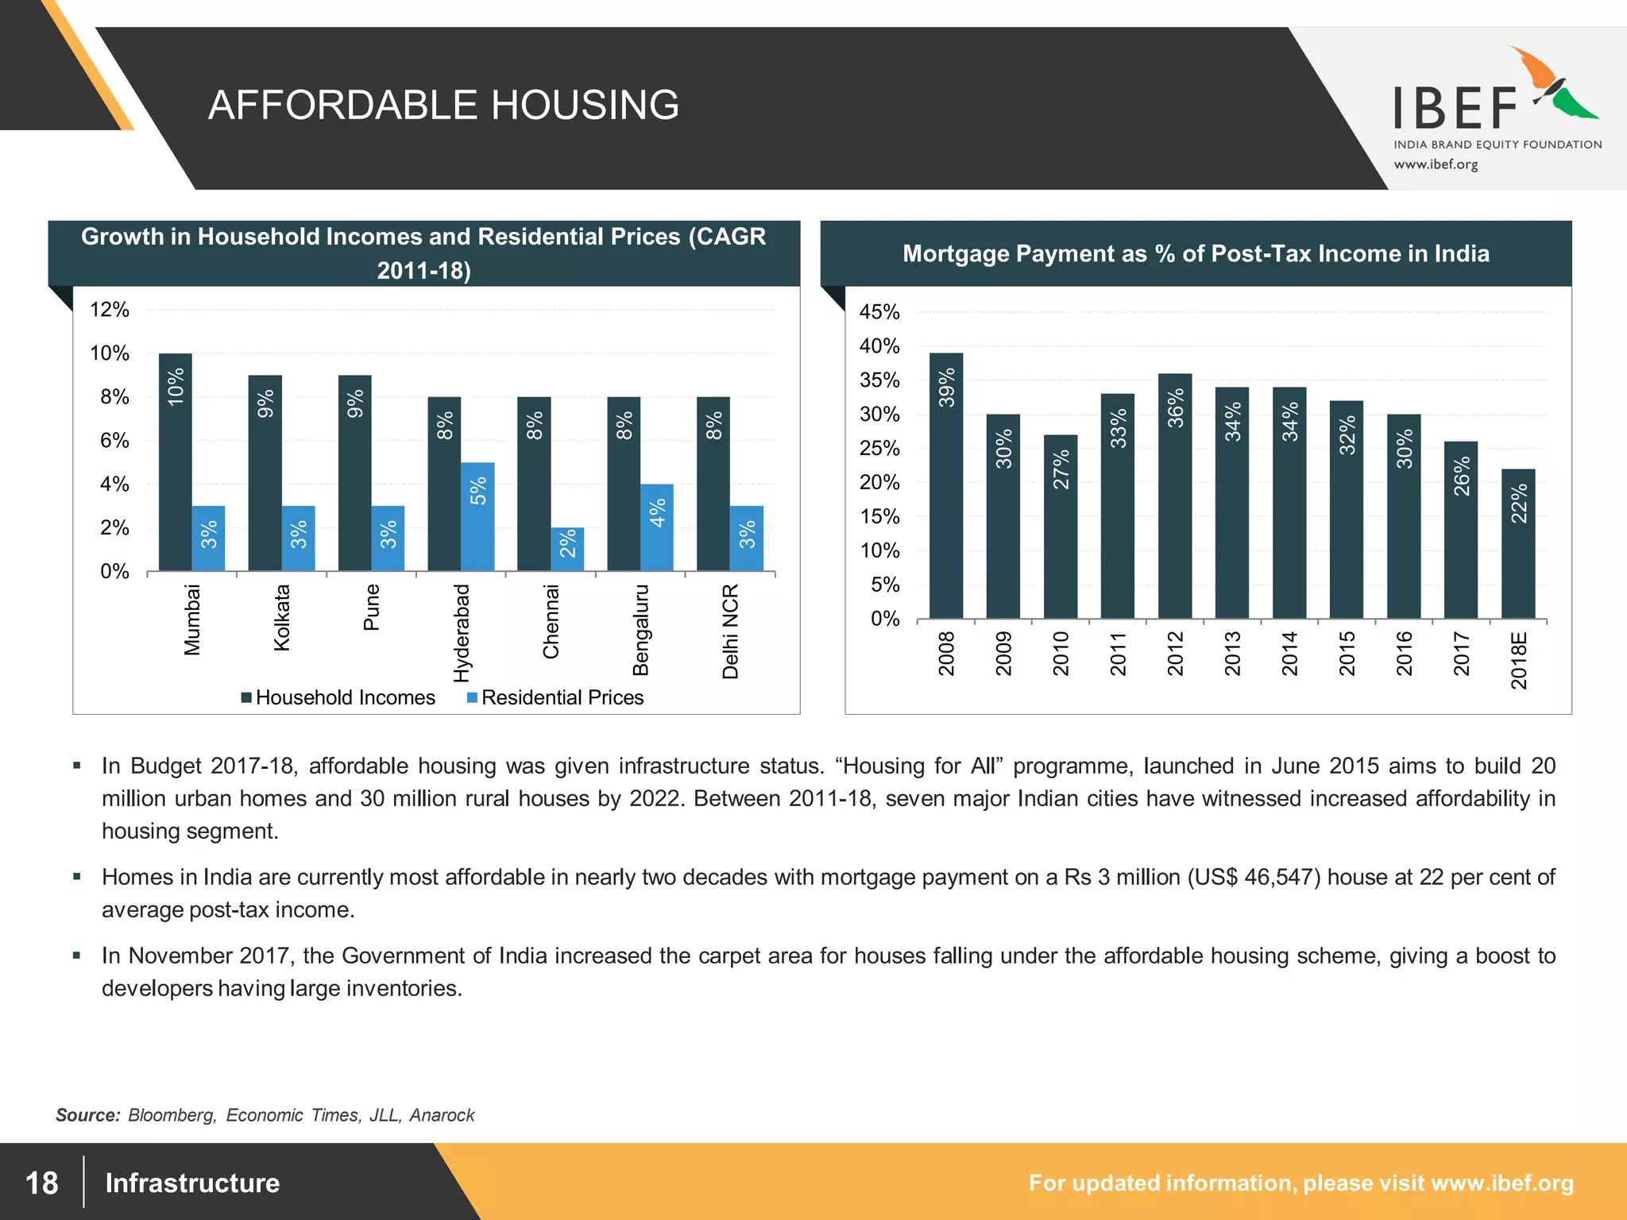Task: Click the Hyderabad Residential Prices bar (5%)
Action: coord(477,515)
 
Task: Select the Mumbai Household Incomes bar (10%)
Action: coord(175,461)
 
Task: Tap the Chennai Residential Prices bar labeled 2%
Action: coord(567,548)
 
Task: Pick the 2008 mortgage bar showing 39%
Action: coord(945,485)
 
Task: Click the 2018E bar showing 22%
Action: coord(1517,543)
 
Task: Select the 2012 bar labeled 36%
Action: coord(1174,496)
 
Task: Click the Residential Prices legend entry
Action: coord(555,697)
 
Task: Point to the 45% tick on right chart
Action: coord(879,312)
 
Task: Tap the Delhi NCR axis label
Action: coord(730,631)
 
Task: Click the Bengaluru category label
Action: coord(640,630)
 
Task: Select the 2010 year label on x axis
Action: coord(1061,653)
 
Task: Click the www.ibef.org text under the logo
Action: coord(1436,164)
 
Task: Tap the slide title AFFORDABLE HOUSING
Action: coord(443,105)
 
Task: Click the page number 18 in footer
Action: coord(41,1183)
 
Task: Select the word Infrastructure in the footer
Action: coord(192,1183)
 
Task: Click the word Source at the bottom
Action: coord(87,1115)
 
